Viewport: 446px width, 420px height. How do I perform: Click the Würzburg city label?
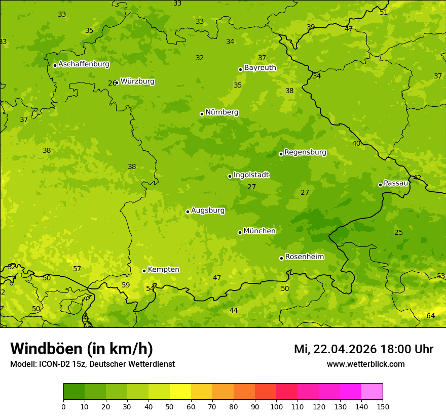pos(137,81)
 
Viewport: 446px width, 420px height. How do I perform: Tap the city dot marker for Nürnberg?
pos(202,114)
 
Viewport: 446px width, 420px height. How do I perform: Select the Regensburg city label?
pos(305,152)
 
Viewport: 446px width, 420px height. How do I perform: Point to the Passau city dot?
pos(380,185)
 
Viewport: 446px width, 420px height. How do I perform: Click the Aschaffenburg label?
pos(84,64)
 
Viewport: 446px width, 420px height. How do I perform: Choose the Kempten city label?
pos(163,270)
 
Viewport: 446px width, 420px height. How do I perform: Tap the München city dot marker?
pos(240,232)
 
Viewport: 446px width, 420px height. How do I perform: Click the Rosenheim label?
pos(304,257)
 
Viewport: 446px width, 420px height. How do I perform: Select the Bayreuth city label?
pos(260,68)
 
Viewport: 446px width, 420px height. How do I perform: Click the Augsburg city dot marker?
pos(188,212)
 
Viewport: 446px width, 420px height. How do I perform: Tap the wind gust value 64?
pos(430,316)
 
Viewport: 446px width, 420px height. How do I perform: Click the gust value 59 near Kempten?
pos(126,285)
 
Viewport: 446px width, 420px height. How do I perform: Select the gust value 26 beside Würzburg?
pos(111,83)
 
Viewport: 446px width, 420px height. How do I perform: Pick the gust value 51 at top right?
pos(384,12)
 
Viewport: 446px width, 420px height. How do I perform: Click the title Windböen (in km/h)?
pos(82,349)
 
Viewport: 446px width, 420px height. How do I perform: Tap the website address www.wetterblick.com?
pos(365,364)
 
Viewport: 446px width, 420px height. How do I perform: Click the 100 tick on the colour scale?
pos(276,406)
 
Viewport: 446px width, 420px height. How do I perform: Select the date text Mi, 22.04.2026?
pos(336,349)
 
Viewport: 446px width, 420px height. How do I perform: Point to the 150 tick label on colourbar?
pos(383,406)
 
